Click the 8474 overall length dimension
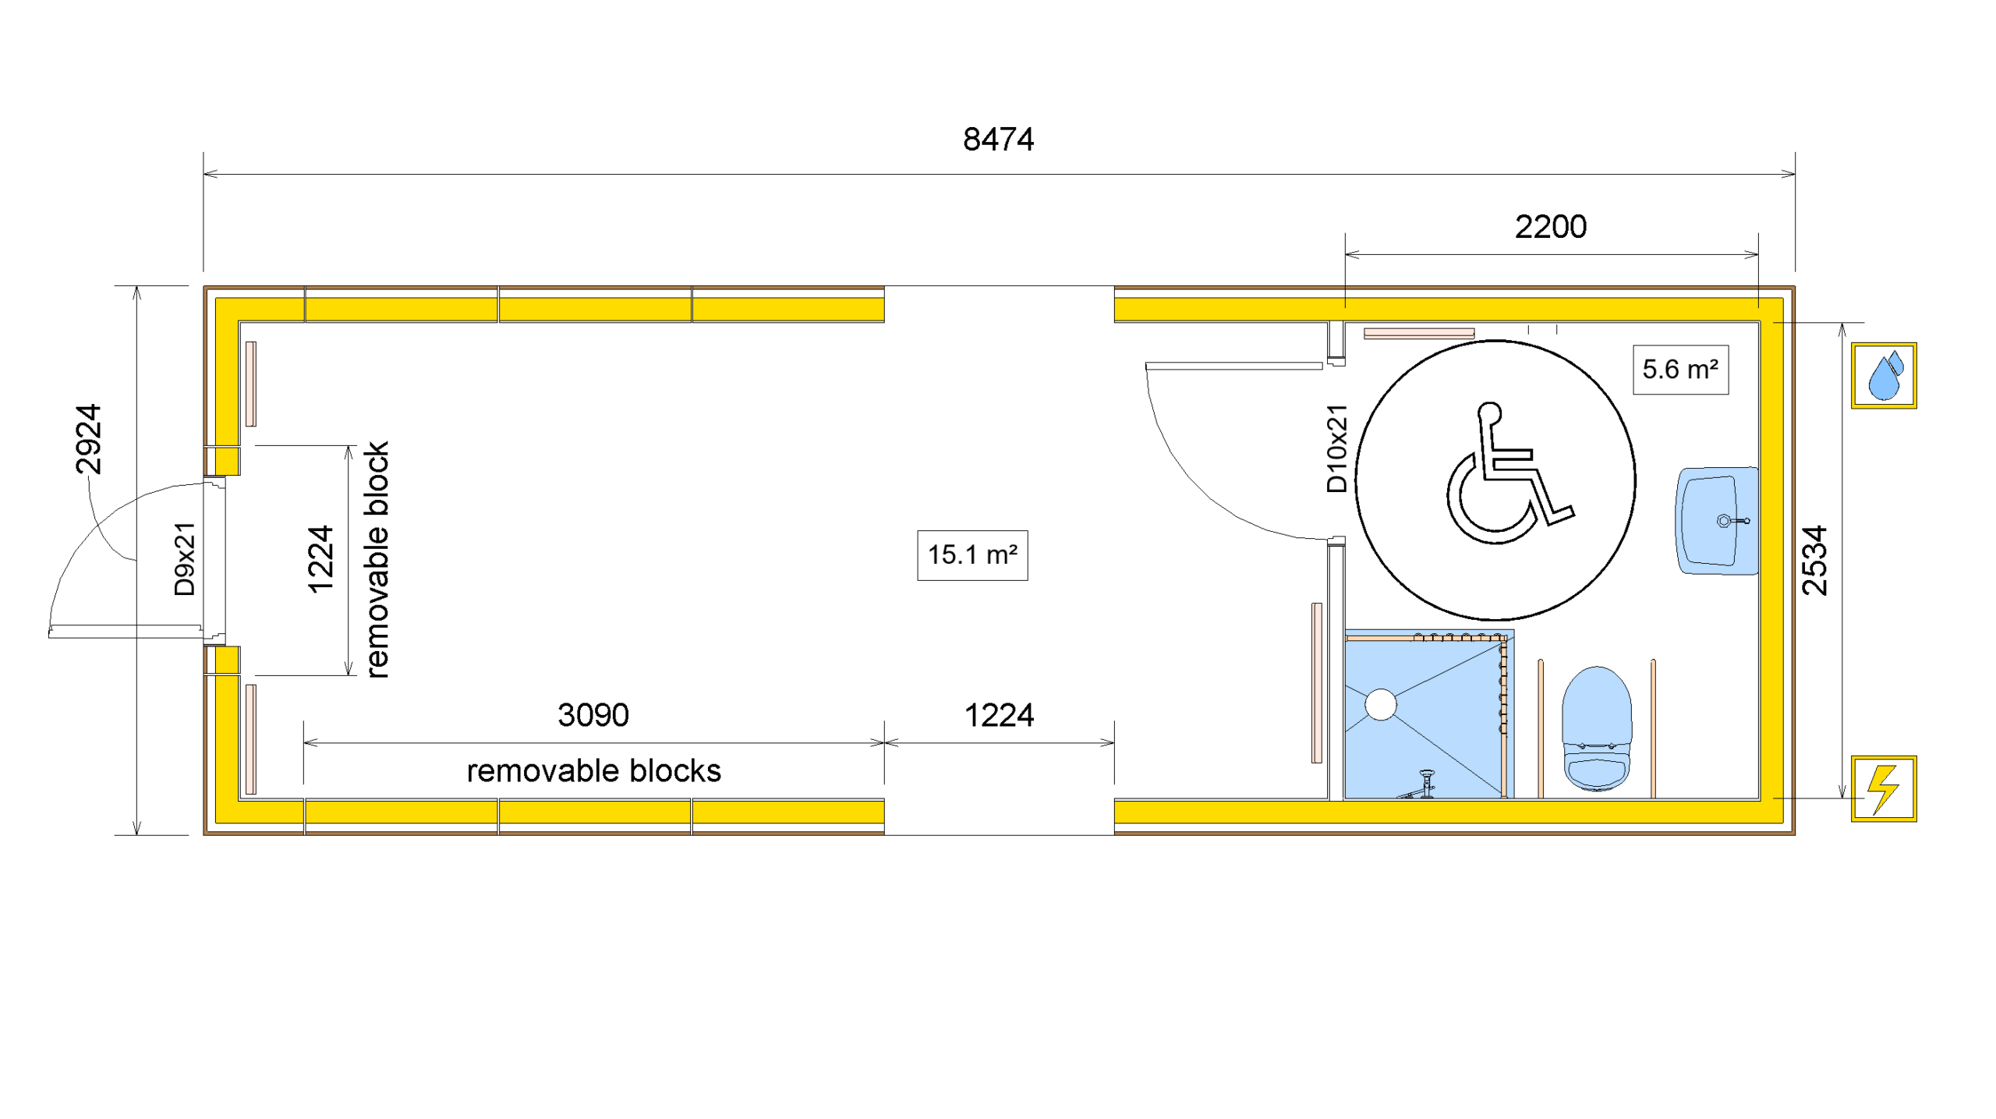(998, 140)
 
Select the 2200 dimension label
(1550, 227)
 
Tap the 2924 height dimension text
(88, 439)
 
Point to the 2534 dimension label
(1814, 561)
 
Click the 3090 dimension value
(593, 715)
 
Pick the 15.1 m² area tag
(972, 555)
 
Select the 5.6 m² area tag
(1680, 370)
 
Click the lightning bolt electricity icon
(1884, 788)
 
